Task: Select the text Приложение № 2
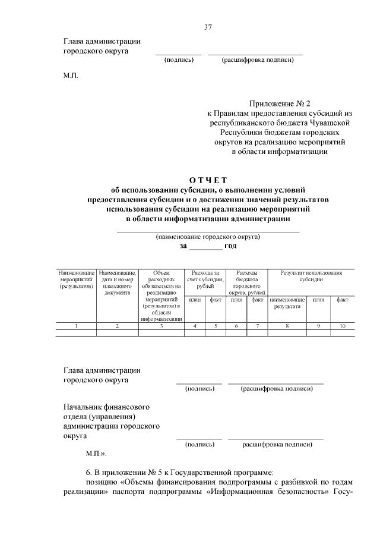(275, 103)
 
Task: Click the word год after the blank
(230, 246)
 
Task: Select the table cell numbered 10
(342, 326)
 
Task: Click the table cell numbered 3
(161, 326)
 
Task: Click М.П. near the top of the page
(70, 75)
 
